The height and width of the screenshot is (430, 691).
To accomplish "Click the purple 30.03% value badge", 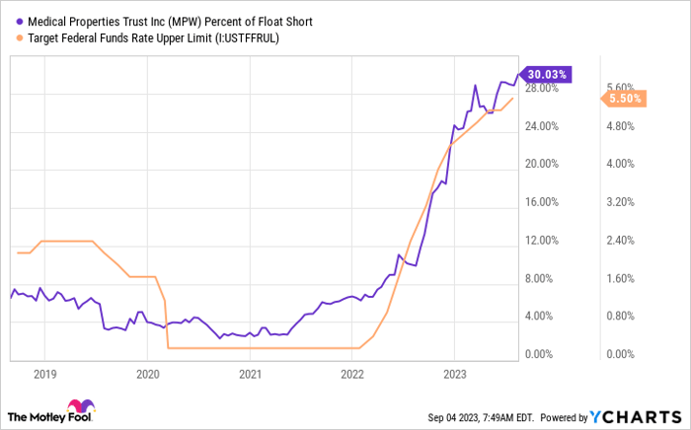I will pyautogui.click(x=547, y=73).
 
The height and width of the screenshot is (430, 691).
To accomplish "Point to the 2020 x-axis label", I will pyautogui.click(x=147, y=375).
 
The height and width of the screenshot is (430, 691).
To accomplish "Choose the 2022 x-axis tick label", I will pyautogui.click(x=352, y=375).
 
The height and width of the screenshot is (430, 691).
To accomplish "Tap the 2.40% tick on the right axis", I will pyautogui.click(x=624, y=240).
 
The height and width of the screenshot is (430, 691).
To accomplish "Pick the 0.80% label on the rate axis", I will pyautogui.click(x=624, y=317).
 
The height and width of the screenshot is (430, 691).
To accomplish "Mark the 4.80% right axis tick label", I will pyautogui.click(x=624, y=126).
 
